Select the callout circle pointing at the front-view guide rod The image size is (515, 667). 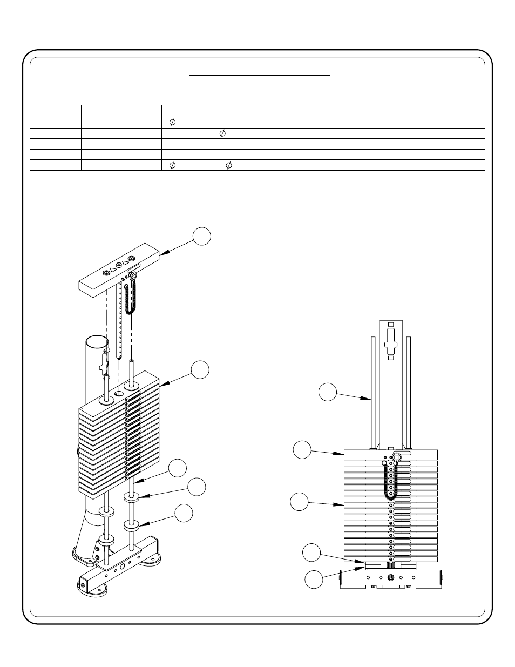click(327, 392)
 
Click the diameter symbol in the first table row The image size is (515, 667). click(172, 122)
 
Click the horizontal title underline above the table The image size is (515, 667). click(259, 76)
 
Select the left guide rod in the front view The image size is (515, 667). click(371, 392)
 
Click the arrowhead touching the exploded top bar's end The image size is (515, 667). click(164, 252)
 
